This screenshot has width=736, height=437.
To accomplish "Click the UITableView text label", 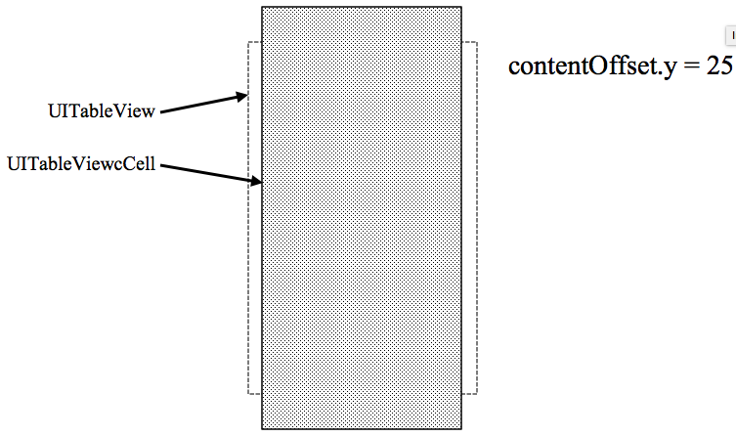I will (x=101, y=111).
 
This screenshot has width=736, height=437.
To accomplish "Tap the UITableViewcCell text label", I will (x=81, y=162).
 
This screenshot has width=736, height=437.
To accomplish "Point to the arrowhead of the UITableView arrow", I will (x=244, y=95).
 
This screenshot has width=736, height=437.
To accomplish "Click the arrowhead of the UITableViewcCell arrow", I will (x=259, y=181).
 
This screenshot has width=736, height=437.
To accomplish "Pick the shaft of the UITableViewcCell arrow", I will (x=207, y=173).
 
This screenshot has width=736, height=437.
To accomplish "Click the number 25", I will (x=720, y=67).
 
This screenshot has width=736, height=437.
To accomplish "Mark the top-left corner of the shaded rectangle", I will (x=262, y=7).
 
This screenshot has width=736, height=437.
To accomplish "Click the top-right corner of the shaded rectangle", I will (x=461, y=7).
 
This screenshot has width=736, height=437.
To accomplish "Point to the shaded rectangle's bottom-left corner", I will (x=262, y=429).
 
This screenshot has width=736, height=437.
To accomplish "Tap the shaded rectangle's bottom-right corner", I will (x=461, y=429).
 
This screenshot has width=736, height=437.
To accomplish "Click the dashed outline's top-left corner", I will (x=248, y=42).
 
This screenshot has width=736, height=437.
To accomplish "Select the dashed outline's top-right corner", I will (x=476, y=42).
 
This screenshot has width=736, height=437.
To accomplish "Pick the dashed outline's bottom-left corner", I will (x=248, y=394).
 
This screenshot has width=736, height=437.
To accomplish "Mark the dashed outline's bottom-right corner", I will (x=476, y=394).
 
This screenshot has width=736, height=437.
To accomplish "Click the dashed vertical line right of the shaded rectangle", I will (x=476, y=215).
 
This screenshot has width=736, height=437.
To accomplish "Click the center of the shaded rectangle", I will (x=362, y=218).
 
